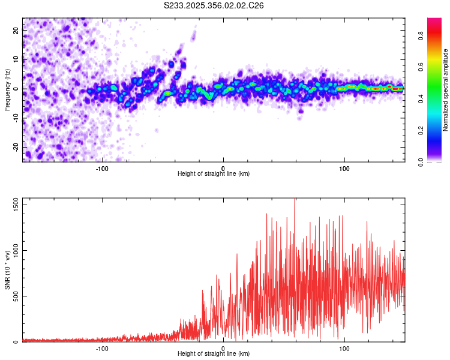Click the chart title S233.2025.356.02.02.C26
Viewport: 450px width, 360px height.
214,5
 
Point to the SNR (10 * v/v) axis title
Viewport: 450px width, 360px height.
7,270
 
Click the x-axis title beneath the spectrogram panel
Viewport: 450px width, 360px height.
214,174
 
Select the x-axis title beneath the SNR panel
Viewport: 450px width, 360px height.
214,354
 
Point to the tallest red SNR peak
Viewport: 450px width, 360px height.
294,200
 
